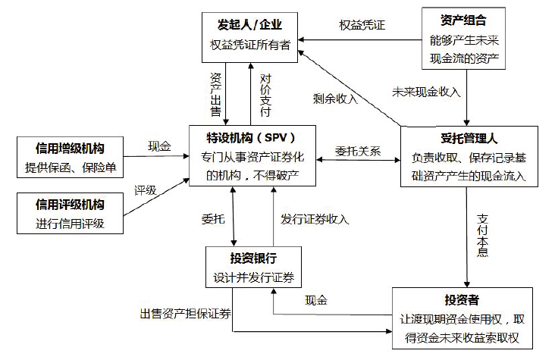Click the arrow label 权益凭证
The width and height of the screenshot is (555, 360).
click(362, 24)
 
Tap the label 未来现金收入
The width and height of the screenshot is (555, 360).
click(426, 92)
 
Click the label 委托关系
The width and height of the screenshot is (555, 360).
click(358, 151)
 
